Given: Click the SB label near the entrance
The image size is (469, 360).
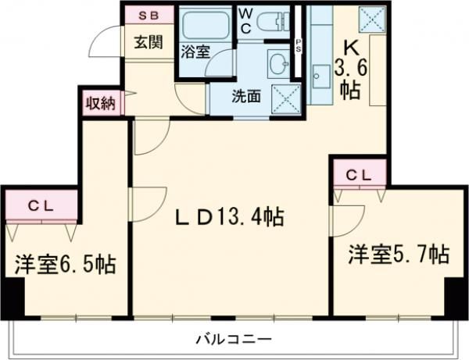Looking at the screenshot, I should click(145, 16).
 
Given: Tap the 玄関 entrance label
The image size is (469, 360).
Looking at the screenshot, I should click(146, 41).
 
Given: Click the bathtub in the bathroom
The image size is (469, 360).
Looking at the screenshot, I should click(205, 29).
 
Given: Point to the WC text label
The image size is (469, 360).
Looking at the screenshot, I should click(245, 20).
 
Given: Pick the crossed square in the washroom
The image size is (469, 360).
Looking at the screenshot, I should click(282, 98).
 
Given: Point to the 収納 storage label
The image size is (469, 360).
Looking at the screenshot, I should click(100, 103).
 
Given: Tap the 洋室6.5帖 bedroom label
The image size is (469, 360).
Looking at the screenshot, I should click(64, 265).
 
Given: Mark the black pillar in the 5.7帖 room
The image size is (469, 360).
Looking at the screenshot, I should click(451, 296).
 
